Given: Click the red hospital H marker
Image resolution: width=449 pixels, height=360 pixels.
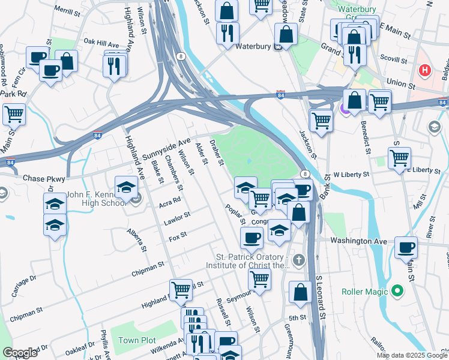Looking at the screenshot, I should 425,71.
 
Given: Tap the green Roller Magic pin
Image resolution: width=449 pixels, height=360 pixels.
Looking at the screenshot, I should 396,292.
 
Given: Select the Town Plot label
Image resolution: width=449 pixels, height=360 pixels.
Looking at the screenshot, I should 137,340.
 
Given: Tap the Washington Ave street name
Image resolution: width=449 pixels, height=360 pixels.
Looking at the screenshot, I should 358,240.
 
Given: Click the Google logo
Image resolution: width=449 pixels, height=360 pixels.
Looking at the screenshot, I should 20,353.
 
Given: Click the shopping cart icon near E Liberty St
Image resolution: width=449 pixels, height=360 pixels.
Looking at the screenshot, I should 399,158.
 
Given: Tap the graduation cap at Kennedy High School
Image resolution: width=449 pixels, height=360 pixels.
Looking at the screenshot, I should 127,187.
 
